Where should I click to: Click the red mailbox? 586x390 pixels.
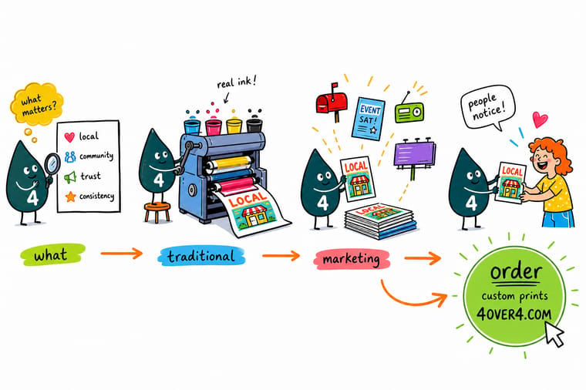point(332,102)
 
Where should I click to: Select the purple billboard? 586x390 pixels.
point(415,154)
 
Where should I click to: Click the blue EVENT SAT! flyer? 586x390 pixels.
point(368,119)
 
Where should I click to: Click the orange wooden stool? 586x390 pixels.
point(157,212)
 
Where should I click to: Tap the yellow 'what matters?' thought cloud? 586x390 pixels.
point(37,104)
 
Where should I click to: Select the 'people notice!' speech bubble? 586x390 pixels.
point(487,106)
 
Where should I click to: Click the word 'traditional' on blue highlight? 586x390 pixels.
point(201,256)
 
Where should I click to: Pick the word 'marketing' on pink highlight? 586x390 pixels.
point(351,259)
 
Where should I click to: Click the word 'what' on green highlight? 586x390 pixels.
point(51,255)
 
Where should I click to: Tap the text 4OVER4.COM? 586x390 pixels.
point(514,314)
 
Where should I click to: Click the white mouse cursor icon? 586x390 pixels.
point(554,334)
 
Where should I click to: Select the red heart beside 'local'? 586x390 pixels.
point(69,137)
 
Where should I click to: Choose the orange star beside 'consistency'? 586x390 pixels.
point(70,197)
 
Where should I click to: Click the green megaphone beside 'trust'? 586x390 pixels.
point(70,177)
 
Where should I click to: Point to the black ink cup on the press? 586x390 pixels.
point(254,126)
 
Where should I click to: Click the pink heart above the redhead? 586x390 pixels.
point(540,119)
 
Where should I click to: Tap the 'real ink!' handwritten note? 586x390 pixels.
point(237,82)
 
